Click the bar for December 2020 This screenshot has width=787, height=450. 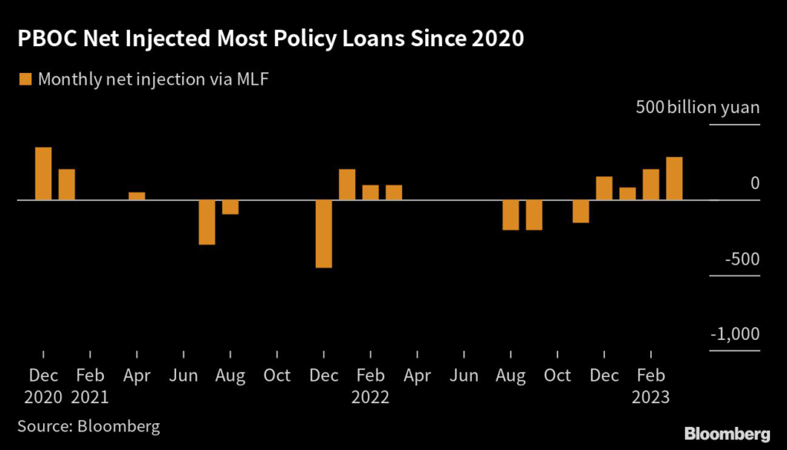[44, 174]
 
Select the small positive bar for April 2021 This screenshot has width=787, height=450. [137, 195]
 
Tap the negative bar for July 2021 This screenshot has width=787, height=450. [207, 222]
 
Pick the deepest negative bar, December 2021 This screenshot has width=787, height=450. [324, 234]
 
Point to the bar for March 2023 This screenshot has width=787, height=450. [674, 178]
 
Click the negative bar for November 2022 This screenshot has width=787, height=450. [580, 212]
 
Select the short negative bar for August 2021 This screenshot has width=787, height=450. [230, 207]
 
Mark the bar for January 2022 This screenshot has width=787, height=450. [347, 185]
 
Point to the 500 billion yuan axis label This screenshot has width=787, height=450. [697, 108]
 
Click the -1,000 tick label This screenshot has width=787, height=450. [733, 334]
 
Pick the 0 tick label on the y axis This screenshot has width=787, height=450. [755, 183]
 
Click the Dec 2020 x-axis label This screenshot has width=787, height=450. [44, 386]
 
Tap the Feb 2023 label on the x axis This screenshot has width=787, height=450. [651, 386]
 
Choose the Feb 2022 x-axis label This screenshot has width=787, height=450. [370, 386]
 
